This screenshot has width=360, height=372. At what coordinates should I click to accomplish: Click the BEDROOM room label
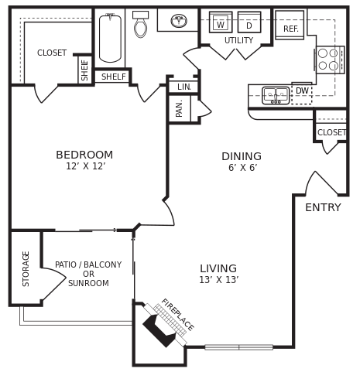[x=84, y=155]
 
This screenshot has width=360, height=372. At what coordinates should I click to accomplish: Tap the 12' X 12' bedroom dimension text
[x=85, y=167]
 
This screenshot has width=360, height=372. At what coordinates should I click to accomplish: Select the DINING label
[x=242, y=156]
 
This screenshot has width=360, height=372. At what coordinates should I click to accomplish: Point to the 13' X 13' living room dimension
[x=218, y=280]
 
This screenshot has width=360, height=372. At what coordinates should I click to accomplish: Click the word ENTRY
[x=323, y=207]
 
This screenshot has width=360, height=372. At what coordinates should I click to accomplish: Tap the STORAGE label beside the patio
[x=26, y=268]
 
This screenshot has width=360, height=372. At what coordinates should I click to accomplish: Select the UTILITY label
[x=238, y=41]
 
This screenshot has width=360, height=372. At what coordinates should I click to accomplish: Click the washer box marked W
[x=221, y=23]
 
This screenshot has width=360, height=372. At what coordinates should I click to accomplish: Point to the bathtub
[x=110, y=38]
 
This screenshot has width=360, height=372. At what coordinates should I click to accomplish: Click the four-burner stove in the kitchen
[x=328, y=60]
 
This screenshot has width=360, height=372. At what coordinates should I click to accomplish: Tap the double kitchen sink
[x=276, y=95]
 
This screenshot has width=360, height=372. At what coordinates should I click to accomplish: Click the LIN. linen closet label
[x=183, y=87]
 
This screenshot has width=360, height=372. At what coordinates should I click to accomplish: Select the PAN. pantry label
[x=180, y=108]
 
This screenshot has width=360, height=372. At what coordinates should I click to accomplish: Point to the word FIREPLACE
[x=177, y=314]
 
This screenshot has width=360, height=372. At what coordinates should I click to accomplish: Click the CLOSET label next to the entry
[x=331, y=132]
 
